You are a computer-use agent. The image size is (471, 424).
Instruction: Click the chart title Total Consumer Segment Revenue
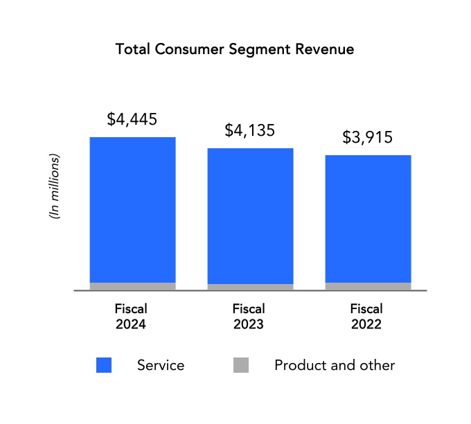point(235,50)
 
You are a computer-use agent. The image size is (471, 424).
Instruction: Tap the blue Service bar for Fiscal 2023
point(250,215)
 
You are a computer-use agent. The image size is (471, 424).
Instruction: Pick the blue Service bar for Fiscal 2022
point(368,218)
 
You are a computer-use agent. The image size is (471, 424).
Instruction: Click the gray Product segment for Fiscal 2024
point(132,286)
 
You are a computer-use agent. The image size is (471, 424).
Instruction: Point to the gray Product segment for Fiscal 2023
point(250,287)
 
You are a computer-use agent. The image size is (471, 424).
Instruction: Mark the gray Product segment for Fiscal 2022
point(368,286)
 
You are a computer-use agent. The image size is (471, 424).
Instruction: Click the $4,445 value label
point(132,119)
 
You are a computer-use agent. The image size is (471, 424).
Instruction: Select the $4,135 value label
point(250,130)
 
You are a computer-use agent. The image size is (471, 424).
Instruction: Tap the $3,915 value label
point(368,137)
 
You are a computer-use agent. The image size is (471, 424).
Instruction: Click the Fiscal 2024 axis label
point(131,316)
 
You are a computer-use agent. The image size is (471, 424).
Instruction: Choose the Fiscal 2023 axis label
point(249,316)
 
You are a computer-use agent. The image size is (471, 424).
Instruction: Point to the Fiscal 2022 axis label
point(366,316)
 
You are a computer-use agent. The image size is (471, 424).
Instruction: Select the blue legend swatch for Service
point(104,365)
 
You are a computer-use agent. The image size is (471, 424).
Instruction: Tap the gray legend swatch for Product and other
point(240,365)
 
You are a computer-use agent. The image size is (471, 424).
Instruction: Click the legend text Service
point(161,365)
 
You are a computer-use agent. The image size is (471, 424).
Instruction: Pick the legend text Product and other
point(335,365)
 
